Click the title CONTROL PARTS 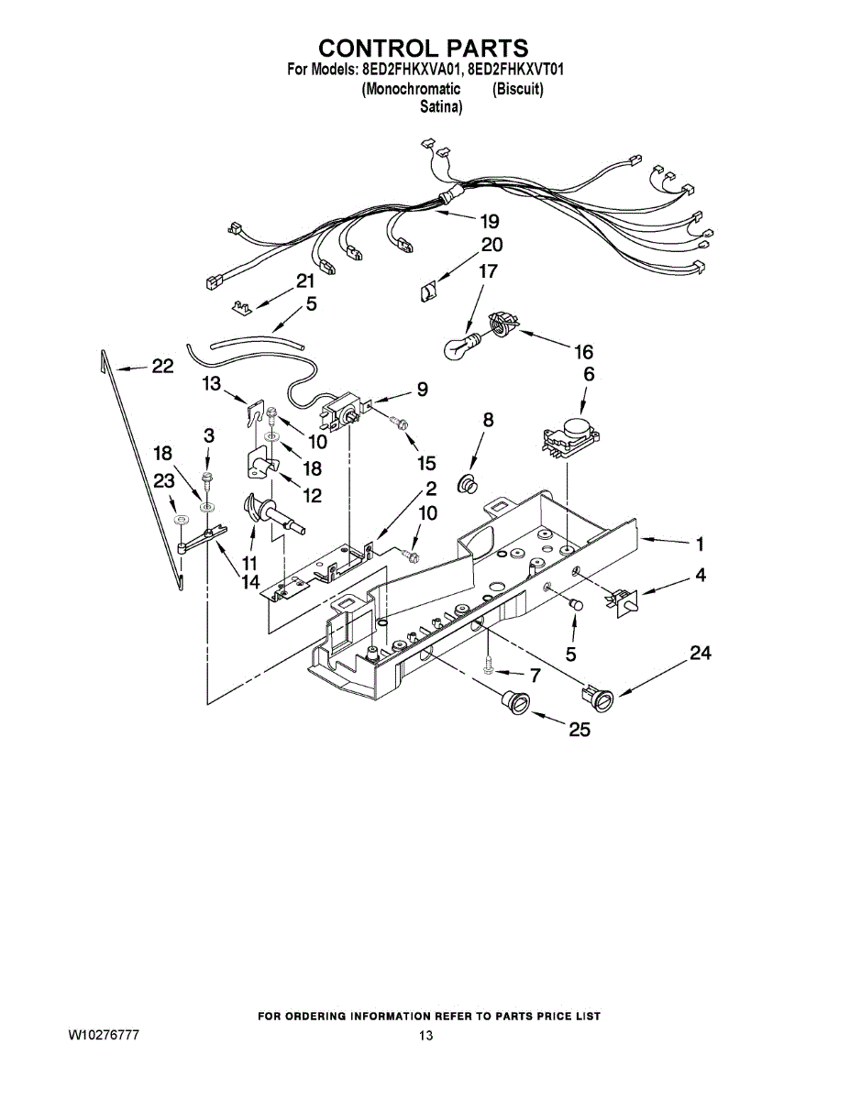(x=424, y=48)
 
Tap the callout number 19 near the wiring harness (x=489, y=221)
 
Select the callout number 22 (x=162, y=367)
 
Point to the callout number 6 (x=589, y=374)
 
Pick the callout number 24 (x=701, y=653)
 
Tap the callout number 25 (x=579, y=731)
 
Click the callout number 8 (x=488, y=420)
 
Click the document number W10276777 (x=104, y=1035)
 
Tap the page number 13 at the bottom (x=425, y=1036)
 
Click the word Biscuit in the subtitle (x=517, y=90)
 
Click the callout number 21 (x=304, y=280)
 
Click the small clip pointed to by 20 (x=428, y=291)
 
